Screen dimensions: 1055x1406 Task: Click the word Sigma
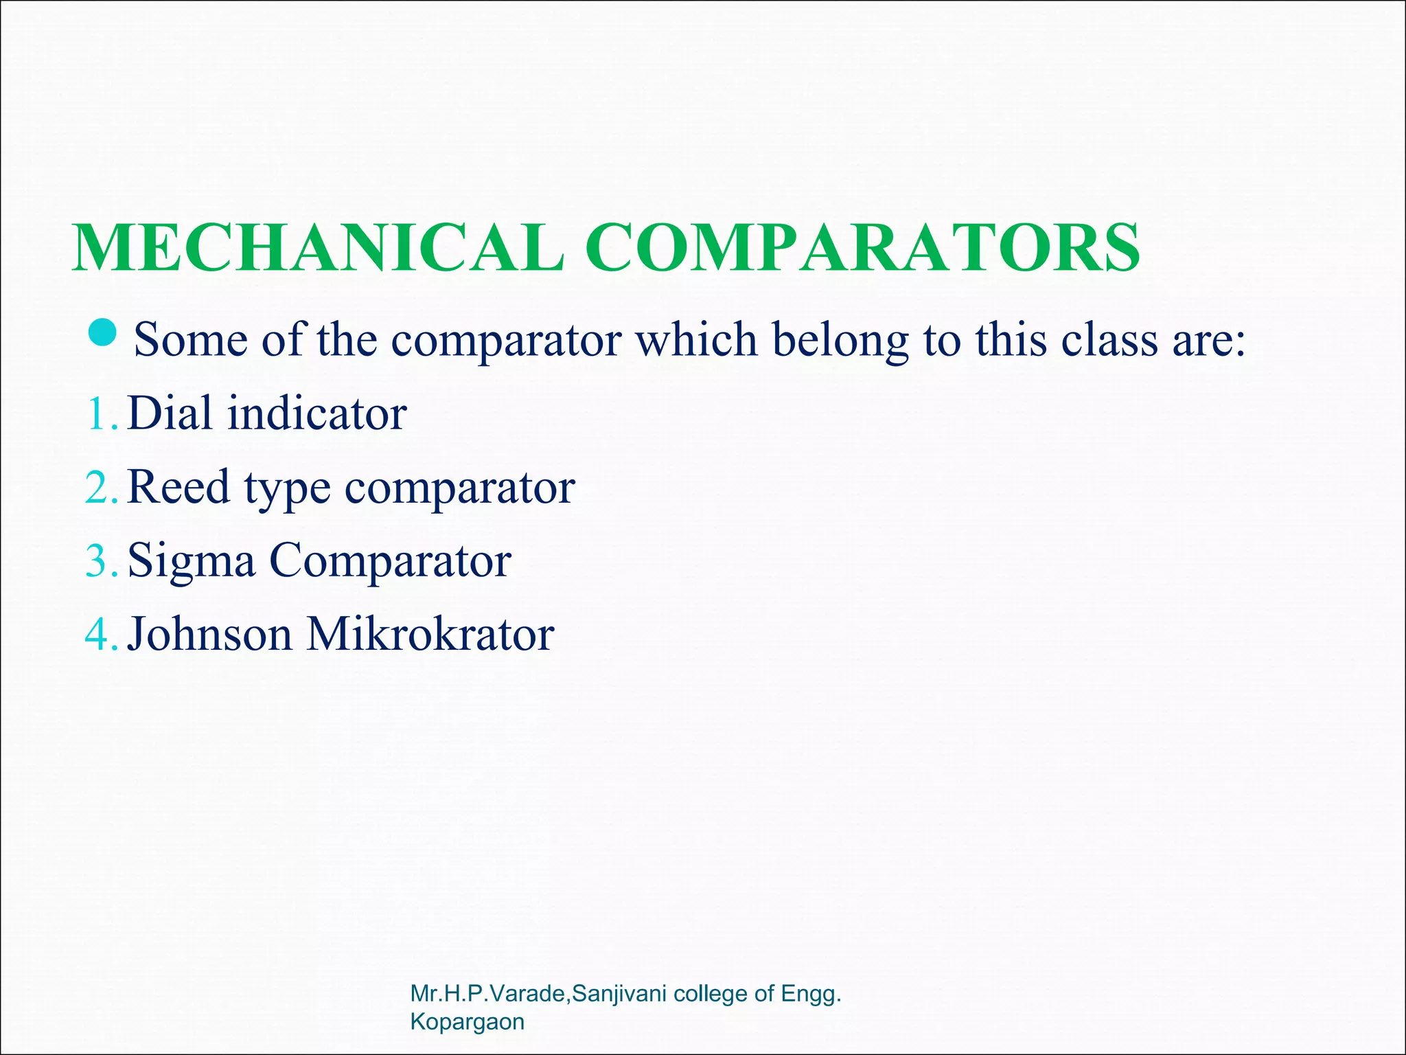pyautogui.click(x=192, y=562)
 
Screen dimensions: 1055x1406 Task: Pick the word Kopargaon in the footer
pyautogui.click(x=467, y=1022)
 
